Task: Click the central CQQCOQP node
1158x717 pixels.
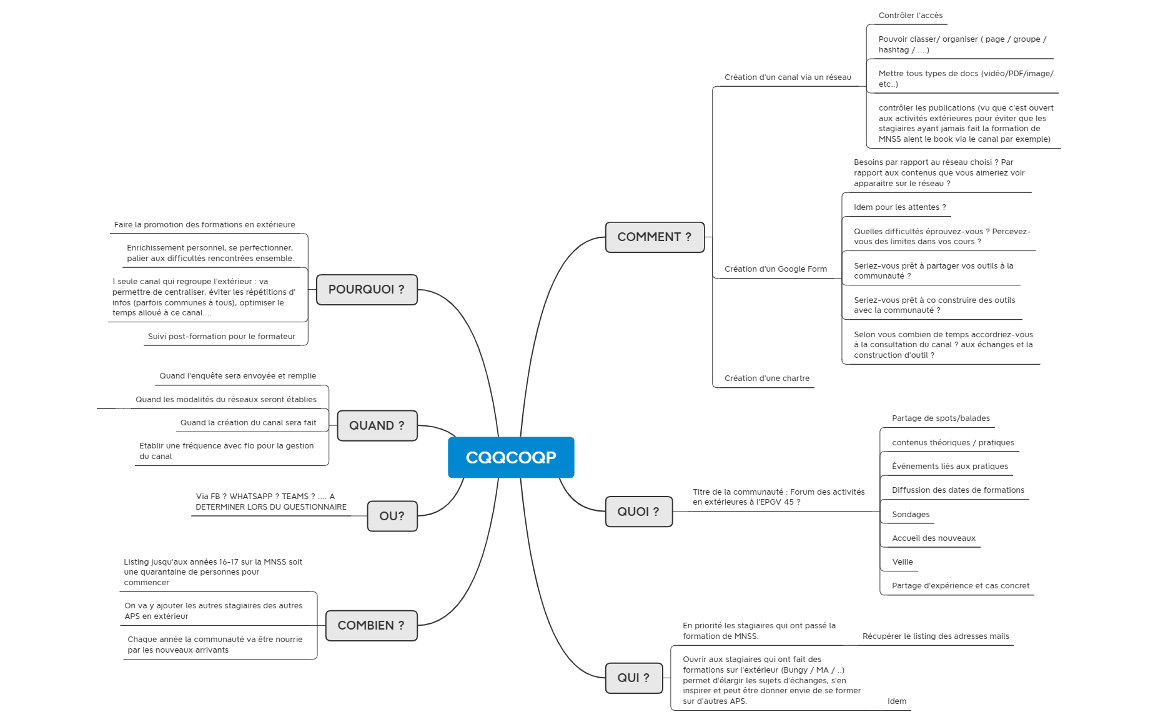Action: (511, 457)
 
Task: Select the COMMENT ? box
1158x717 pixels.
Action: (655, 237)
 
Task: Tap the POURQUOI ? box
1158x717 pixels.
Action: (367, 290)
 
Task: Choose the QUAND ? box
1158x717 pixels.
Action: (377, 425)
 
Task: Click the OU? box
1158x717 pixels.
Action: (392, 516)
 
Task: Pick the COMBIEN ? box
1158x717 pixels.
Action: (371, 625)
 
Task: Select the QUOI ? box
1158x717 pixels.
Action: (638, 512)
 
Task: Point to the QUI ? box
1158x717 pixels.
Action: (633, 678)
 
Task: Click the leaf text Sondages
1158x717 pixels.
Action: (911, 515)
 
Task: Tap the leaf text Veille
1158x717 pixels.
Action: (903, 562)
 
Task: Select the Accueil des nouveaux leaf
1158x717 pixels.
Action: (934, 538)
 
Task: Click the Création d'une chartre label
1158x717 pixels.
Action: (767, 378)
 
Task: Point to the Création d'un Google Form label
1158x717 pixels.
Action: (776, 269)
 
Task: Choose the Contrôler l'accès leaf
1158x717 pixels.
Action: (911, 16)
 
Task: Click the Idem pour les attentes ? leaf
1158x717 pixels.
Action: (899, 207)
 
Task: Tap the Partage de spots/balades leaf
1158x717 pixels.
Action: (941, 418)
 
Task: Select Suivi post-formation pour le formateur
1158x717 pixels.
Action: (222, 337)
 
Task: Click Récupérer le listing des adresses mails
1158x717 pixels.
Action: (936, 636)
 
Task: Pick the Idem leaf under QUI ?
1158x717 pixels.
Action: (897, 701)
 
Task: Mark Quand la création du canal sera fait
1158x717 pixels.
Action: (249, 423)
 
